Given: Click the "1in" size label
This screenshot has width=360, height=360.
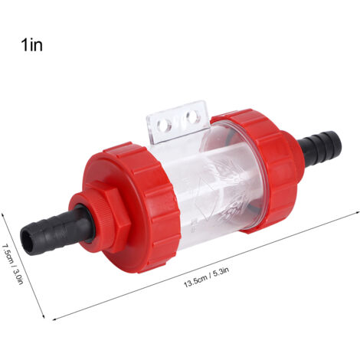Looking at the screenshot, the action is tap(32, 45).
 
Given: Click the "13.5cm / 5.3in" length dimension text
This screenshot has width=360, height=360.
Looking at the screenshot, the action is tap(206, 277).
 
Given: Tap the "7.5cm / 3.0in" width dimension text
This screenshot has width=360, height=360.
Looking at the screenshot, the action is tap(12, 262).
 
